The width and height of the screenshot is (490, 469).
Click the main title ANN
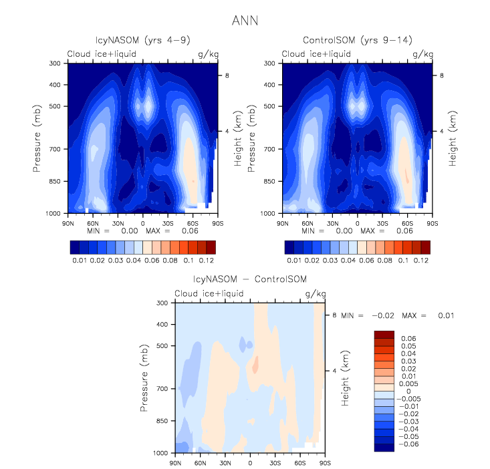(245, 21)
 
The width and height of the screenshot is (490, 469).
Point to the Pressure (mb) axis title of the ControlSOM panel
(252, 137)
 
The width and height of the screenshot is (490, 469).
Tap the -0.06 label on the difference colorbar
(408, 443)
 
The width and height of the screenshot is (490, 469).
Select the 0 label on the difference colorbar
(401, 391)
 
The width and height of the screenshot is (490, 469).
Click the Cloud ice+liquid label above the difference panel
(208, 294)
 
